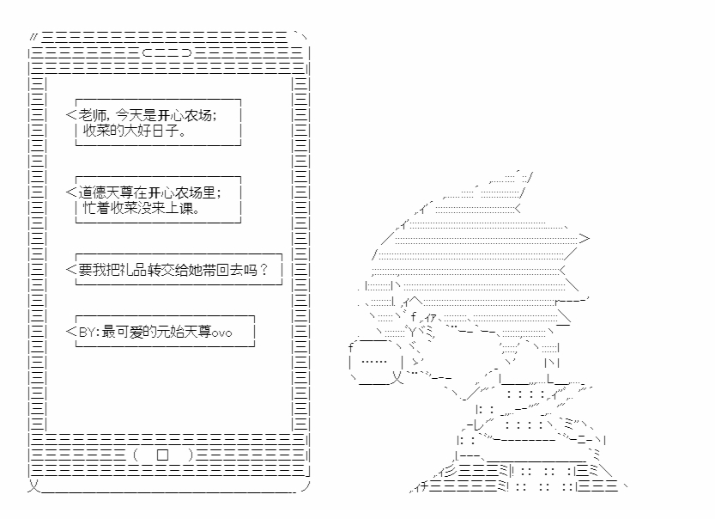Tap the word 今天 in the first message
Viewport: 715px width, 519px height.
tap(129, 115)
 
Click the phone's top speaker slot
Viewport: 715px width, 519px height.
tap(167, 53)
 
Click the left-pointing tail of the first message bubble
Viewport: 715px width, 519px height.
tap(70, 115)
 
